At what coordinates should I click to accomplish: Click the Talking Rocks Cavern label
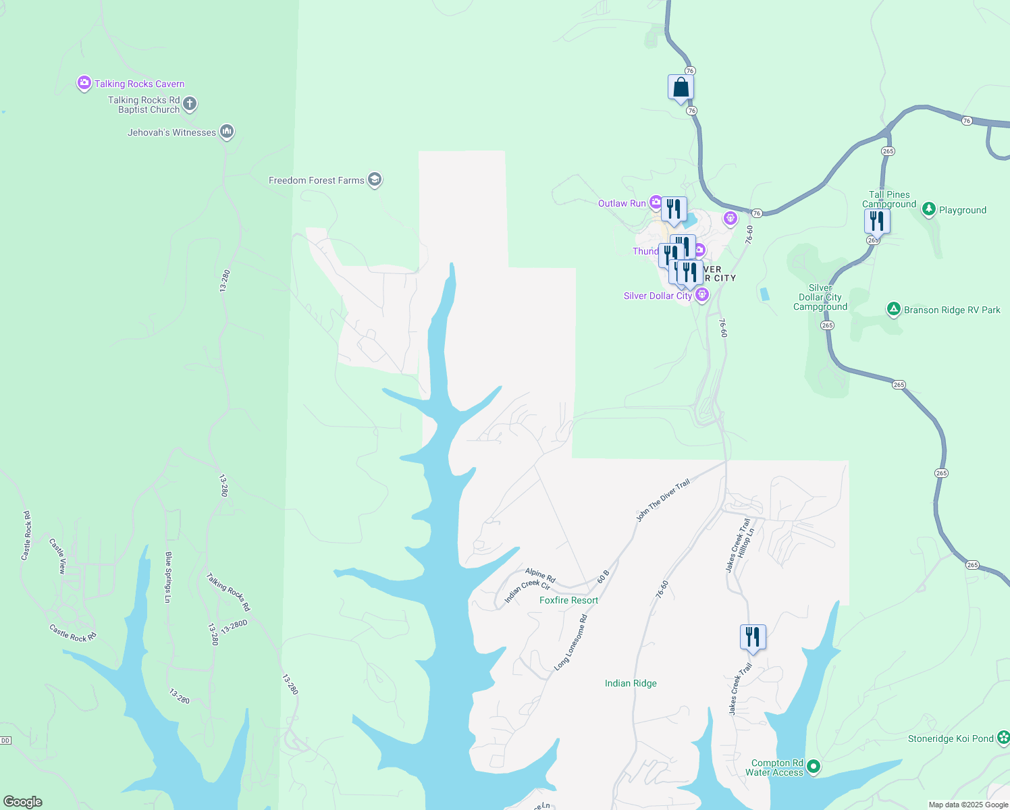[139, 84]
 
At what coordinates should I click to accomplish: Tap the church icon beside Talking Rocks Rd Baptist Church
[190, 104]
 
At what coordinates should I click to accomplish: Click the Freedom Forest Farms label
[316, 180]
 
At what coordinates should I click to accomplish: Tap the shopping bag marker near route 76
[681, 88]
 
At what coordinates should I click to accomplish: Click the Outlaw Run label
[622, 203]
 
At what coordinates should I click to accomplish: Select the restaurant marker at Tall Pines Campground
[877, 221]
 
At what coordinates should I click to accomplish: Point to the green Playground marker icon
[929, 209]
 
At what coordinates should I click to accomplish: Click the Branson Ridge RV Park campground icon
[893, 309]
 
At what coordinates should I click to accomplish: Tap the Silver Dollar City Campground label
[820, 297]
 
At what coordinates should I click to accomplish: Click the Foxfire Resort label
[568, 600]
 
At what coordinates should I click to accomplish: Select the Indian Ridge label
[631, 683]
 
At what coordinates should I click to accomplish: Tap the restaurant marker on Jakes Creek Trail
[753, 637]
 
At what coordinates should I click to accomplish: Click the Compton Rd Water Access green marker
[814, 766]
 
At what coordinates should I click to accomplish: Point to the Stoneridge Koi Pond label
[951, 738]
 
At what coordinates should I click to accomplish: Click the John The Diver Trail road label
[663, 500]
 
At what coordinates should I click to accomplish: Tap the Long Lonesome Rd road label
[570, 643]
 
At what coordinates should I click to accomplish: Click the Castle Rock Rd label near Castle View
[73, 632]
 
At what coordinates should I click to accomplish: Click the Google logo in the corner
[23, 802]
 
